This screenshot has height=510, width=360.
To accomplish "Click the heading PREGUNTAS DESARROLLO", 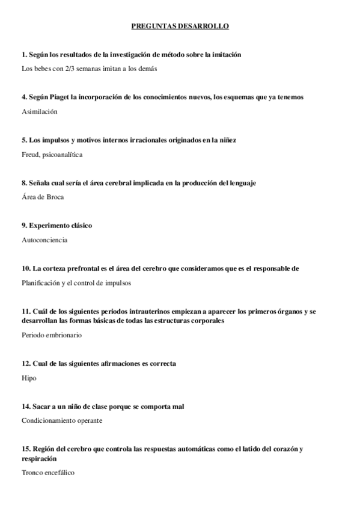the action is click(x=180, y=26).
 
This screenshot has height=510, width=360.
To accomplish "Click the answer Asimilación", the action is click(x=40, y=111).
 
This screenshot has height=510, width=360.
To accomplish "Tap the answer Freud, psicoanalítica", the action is click(x=51, y=155).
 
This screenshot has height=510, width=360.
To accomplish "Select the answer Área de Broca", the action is click(x=42, y=197).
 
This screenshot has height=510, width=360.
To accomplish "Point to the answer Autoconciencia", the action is click(x=44, y=240).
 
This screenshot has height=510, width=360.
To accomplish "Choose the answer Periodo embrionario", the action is click(x=51, y=335).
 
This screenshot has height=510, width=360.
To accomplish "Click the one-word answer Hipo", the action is click(x=29, y=378).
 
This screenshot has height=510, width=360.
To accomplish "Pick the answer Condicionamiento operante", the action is click(x=62, y=420).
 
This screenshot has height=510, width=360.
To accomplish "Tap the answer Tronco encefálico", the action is click(x=47, y=473).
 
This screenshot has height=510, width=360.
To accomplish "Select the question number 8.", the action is click(x=24, y=183).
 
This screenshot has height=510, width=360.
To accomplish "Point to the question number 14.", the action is click(x=26, y=407).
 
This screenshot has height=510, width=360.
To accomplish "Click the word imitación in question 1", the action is click(x=223, y=54).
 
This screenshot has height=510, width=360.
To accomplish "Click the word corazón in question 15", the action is click(x=278, y=449).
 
